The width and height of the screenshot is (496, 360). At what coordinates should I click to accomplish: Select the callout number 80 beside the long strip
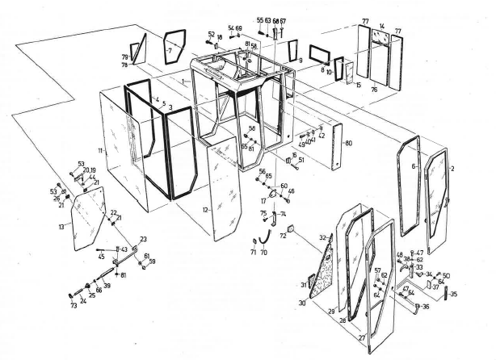click(348, 144)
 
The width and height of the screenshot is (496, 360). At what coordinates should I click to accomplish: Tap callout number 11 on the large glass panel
click(100, 151)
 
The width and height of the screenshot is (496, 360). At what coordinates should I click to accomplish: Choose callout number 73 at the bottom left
click(73, 306)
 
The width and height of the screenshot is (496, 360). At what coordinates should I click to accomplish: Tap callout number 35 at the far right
click(453, 294)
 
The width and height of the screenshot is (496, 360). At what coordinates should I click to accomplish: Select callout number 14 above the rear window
click(381, 27)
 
